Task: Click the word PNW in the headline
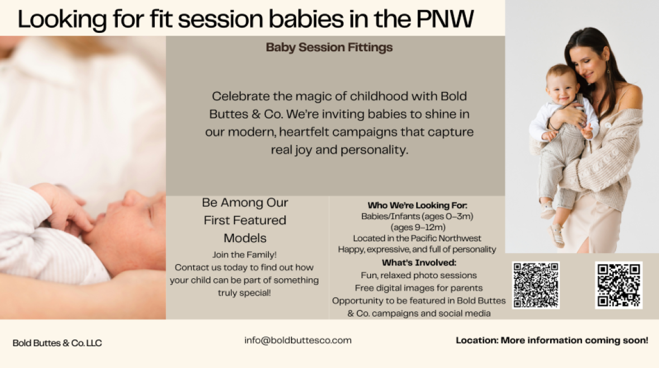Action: pyautogui.click(x=445, y=19)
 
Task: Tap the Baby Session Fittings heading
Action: pyautogui.click(x=329, y=47)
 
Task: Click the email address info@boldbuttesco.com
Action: pyautogui.click(x=298, y=340)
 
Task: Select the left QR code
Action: pyautogui.click(x=536, y=285)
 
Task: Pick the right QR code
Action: pyautogui.click(x=619, y=285)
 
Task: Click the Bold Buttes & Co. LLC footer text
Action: pyautogui.click(x=57, y=343)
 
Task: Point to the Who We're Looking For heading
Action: pyautogui.click(x=417, y=205)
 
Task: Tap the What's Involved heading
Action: pyautogui.click(x=419, y=263)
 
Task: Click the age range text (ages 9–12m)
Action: pyautogui.click(x=418, y=227)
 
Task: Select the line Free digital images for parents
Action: pyautogui.click(x=419, y=288)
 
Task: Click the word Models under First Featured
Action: pyautogui.click(x=245, y=238)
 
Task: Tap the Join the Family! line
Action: pyautogui.click(x=244, y=255)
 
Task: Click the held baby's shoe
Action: pyautogui.click(x=557, y=235)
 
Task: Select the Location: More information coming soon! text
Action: pyautogui.click(x=552, y=340)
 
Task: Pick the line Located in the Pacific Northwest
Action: pyautogui.click(x=417, y=238)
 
